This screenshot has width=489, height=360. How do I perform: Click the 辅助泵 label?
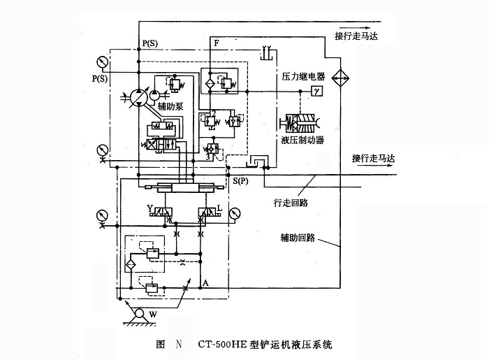[x=170, y=107]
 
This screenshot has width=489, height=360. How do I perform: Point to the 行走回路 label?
[x=291, y=203]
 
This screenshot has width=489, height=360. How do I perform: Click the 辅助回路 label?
[x=295, y=237]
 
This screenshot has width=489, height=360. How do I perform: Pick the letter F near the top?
[x=217, y=44]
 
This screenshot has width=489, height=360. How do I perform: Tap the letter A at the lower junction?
[x=205, y=282]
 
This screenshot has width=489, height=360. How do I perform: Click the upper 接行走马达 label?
[x=359, y=36]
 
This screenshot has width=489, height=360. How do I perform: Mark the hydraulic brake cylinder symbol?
[x=302, y=125]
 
